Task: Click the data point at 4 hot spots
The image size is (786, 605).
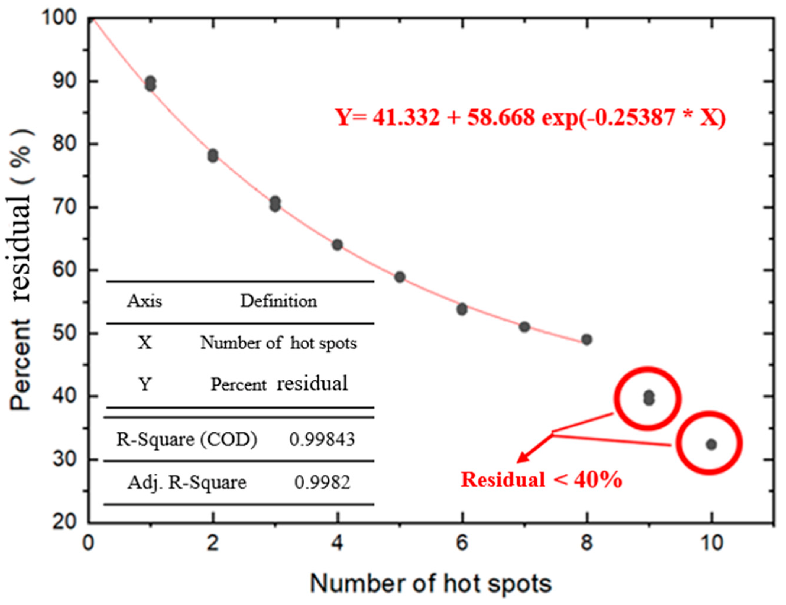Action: [337, 245]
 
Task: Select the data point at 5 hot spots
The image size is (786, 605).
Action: [400, 277]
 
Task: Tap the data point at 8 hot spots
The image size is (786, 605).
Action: [587, 339]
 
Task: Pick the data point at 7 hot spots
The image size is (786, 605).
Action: [524, 327]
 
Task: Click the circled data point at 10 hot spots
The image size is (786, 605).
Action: [711, 445]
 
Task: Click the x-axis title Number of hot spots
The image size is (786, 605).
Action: [431, 583]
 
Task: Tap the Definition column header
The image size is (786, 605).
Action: [278, 301]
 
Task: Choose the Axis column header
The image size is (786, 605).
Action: [144, 301]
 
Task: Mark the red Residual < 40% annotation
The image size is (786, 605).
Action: [541, 479]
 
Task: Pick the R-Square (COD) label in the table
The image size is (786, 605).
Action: [187, 440]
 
